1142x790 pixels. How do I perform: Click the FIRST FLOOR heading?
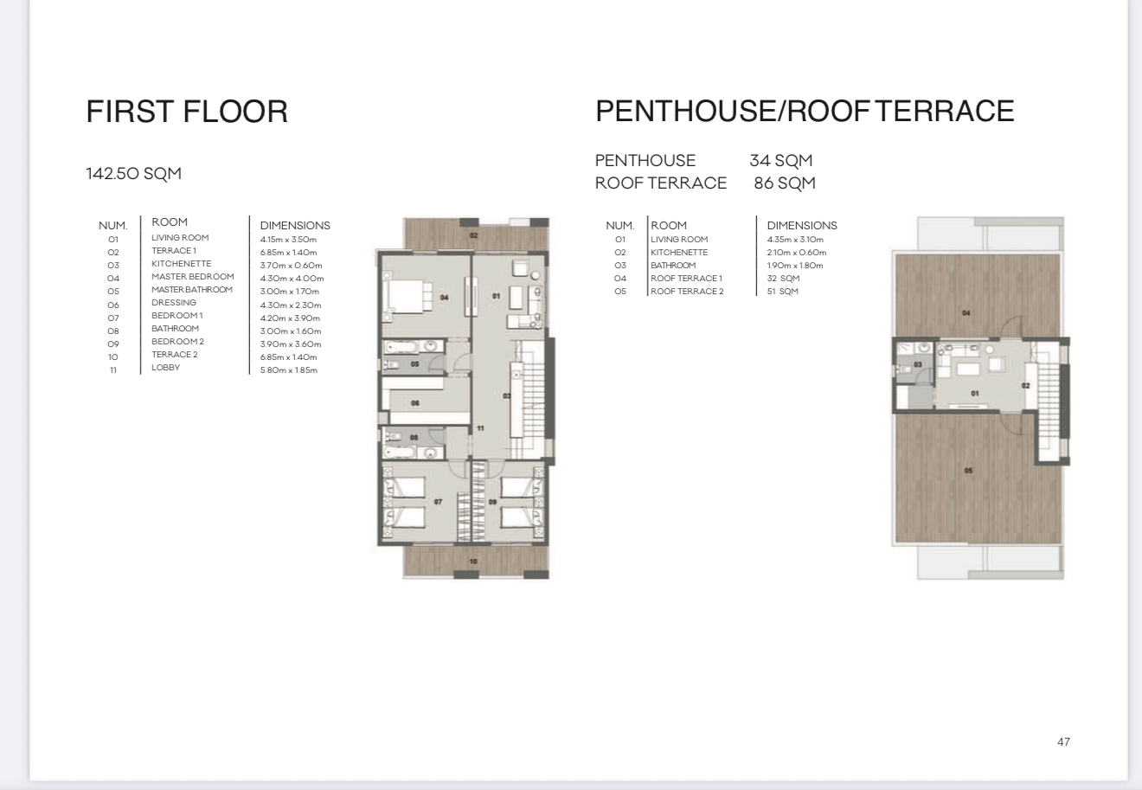(x=187, y=112)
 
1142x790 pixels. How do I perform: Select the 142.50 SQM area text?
(x=133, y=174)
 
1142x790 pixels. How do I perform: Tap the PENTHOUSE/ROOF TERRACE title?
(x=804, y=111)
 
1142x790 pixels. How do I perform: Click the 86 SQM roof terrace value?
(x=784, y=183)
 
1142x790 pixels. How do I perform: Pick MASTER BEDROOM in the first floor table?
(x=192, y=277)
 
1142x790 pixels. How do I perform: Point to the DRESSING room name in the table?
(x=174, y=303)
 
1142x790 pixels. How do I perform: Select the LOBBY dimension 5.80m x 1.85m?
(x=289, y=370)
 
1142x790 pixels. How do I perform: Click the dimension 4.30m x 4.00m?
(x=292, y=279)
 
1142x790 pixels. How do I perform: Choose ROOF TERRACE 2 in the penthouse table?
(x=687, y=292)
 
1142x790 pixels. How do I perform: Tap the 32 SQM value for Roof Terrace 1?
(x=783, y=279)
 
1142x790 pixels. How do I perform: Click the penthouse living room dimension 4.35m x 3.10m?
(x=795, y=240)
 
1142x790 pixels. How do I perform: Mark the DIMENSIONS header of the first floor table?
(x=295, y=226)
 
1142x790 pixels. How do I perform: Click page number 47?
(x=1063, y=742)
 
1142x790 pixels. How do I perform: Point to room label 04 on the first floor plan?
(x=444, y=298)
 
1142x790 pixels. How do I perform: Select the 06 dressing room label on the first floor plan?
(x=415, y=403)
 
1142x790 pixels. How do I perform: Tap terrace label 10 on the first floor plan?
(x=473, y=562)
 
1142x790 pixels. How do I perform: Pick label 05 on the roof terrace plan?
(x=968, y=471)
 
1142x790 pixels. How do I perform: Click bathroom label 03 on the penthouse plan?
(x=918, y=365)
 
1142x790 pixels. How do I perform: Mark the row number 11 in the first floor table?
(x=112, y=370)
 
